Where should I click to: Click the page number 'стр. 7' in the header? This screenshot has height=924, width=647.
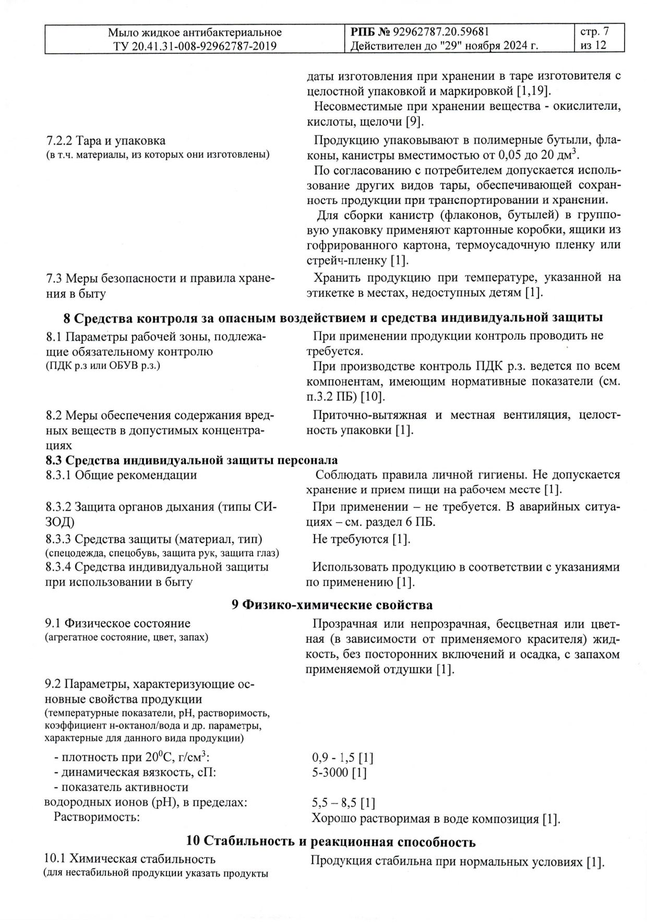pyautogui.click(x=594, y=32)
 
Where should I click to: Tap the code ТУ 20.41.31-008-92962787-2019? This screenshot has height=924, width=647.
pyautogui.click(x=195, y=46)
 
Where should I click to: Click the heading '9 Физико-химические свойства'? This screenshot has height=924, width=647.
pyautogui.click(x=332, y=605)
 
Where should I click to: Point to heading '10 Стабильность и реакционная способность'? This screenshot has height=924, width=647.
pyautogui.click(x=331, y=842)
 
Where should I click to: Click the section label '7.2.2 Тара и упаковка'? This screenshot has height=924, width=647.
pyautogui.click(x=106, y=140)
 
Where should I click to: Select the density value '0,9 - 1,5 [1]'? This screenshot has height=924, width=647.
pyautogui.click(x=342, y=758)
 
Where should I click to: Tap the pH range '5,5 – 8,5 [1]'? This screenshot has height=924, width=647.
pyautogui.click(x=343, y=802)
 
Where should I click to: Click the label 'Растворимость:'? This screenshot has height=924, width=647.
pyautogui.click(x=97, y=817)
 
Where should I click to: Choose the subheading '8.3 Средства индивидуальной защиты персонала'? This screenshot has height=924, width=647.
pyautogui.click(x=191, y=460)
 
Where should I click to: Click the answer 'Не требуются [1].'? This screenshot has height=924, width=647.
pyautogui.click(x=361, y=539)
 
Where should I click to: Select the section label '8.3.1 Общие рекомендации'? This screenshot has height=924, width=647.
pyautogui.click(x=121, y=475)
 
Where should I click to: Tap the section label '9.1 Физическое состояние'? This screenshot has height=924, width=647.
pyautogui.click(x=118, y=623)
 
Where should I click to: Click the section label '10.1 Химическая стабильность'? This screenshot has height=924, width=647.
pyautogui.click(x=130, y=859)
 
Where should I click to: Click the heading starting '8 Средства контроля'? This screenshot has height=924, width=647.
pyautogui.click(x=333, y=317)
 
